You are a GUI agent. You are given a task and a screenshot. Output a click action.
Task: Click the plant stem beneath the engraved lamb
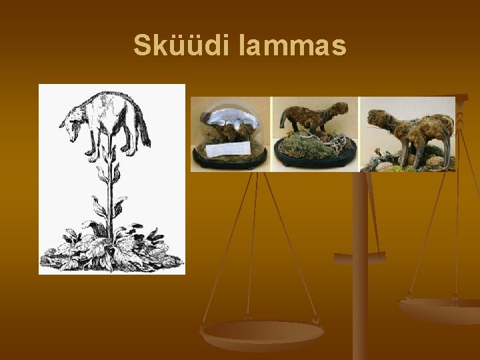tap(111, 193)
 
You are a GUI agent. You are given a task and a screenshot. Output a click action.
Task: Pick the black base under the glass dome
tap(230, 162)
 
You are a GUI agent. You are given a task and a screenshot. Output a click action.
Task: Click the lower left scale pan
tap(262, 333)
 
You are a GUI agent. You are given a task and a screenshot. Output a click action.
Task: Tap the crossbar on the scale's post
tap(360, 258)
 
